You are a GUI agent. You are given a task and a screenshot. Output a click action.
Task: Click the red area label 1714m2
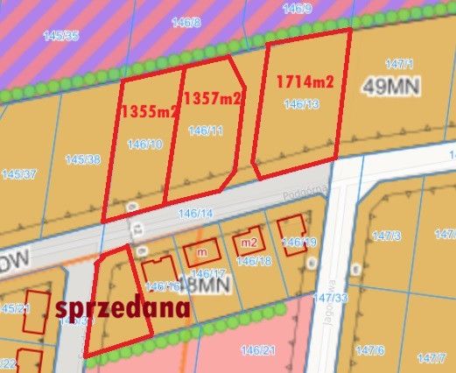pos(305,82)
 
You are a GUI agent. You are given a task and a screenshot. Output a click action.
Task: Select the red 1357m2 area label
pos(214,100)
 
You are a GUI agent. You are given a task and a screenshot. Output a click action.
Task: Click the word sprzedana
pos(123,308)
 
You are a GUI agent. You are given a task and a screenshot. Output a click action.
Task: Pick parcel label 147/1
pos(398,64)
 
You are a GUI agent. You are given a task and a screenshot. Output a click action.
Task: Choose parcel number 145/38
pos(82,159)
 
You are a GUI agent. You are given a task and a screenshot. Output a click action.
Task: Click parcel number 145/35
pos(60,36)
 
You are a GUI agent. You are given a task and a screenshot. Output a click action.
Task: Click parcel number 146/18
pos(254,261)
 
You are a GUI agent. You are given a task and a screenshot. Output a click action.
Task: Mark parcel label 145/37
pos(19,174)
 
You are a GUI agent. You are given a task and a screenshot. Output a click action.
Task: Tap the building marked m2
pos(249,243)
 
